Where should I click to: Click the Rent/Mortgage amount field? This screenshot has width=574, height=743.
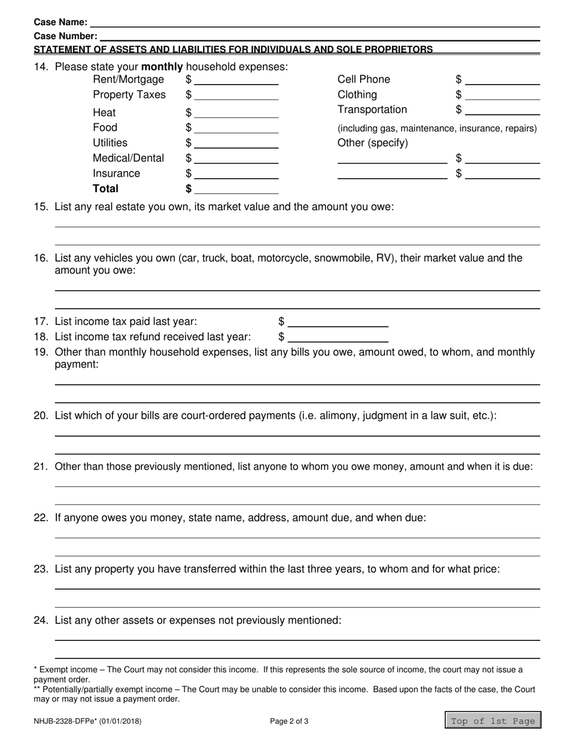pos(236,80)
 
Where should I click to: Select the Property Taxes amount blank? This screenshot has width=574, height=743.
pos(236,95)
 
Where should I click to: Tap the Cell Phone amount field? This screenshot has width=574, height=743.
pos(503,80)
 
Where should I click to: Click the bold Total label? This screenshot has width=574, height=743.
pos(106,188)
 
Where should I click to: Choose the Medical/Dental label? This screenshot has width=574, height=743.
pos(128,158)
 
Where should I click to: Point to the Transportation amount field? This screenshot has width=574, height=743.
pos(503,110)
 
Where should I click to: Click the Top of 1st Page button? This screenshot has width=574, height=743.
pos(493,721)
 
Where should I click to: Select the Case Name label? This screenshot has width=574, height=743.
pos(60,22)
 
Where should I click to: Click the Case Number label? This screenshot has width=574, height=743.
pos(65,36)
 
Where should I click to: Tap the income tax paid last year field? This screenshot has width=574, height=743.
pos(338,322)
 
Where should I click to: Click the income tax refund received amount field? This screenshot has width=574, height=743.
pos(338,337)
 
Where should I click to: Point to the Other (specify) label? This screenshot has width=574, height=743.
pos(373,143)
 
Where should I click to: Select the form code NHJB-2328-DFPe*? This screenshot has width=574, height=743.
pos(69,721)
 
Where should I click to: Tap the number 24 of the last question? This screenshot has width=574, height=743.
pos(40,620)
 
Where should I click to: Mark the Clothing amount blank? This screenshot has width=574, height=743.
pos(503,95)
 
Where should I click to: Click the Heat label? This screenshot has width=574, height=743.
pos(104,113)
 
